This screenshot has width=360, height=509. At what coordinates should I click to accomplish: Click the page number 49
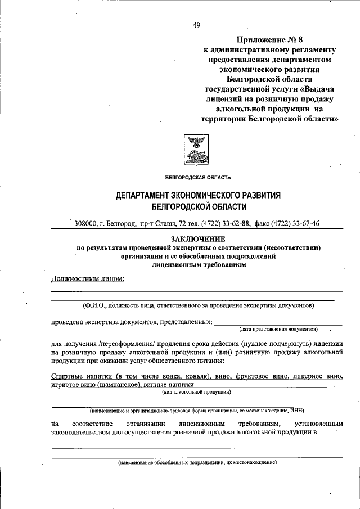[196, 25]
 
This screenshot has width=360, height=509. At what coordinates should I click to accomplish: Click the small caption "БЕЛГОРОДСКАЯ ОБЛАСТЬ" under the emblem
[194, 178]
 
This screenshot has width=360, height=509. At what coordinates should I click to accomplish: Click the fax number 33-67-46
[300, 224]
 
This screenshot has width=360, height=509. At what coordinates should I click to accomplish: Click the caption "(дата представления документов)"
[278, 328]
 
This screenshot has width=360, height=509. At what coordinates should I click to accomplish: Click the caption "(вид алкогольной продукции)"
[195, 391]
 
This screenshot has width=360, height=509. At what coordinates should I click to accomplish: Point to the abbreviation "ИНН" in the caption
[296, 411]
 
